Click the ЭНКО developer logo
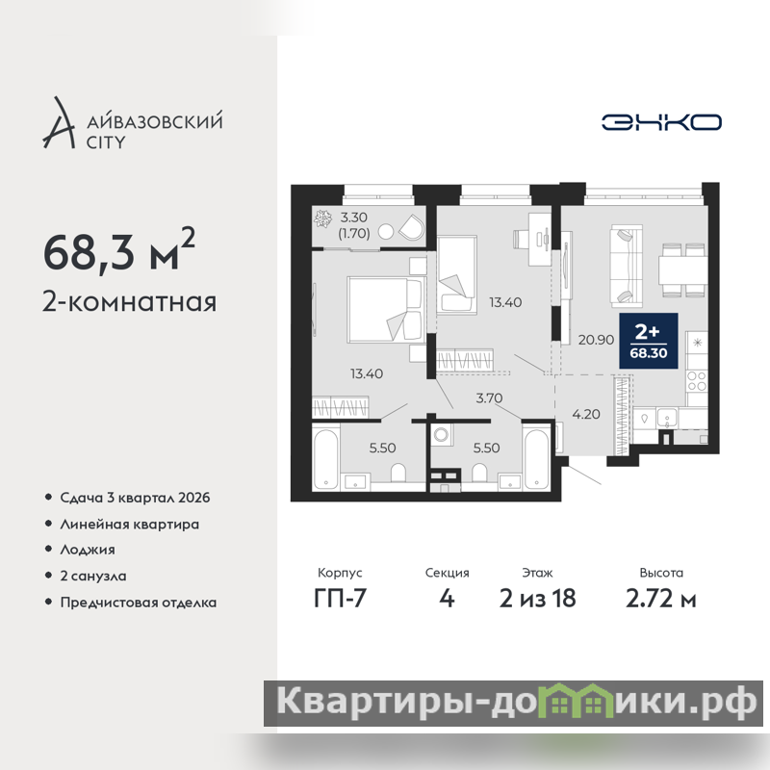point(661,122)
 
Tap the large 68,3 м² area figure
point(118,250)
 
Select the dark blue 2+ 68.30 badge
point(648,341)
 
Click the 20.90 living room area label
point(596,340)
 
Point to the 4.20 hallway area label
point(586,414)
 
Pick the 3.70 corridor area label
point(489,398)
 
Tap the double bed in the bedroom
point(385,309)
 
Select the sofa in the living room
point(627,267)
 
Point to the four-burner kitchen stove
point(696,381)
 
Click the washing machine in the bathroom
point(442,435)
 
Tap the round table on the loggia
point(387,232)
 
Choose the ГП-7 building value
point(341,599)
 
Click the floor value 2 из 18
point(538,599)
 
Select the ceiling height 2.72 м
point(661,599)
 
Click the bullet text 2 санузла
point(93,576)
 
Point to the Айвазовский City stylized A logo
point(59,123)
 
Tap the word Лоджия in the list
point(88,550)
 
